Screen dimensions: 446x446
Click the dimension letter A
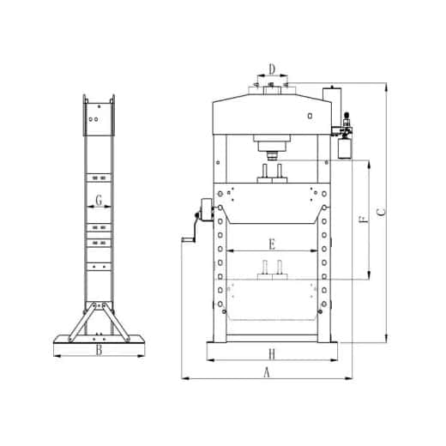tap(266, 372)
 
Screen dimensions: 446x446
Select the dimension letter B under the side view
tap(99, 350)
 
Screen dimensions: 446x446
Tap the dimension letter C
tap(382, 210)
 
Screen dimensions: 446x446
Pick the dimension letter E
tap(271, 244)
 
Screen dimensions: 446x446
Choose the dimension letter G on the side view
tap(99, 201)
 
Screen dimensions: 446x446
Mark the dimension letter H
tap(270, 353)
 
